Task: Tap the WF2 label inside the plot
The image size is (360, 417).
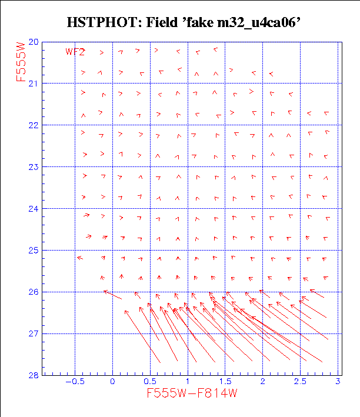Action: [76, 52]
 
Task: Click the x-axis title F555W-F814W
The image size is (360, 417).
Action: [192, 394]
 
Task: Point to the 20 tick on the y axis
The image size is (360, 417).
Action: [34, 42]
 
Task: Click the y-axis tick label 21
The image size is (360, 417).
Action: [34, 84]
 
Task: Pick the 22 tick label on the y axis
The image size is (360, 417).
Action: [34, 125]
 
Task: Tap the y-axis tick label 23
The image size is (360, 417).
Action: [34, 167]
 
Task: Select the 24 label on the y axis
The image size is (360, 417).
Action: [34, 209]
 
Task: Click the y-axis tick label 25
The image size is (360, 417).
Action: [34, 251]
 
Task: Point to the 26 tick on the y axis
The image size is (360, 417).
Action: [34, 292]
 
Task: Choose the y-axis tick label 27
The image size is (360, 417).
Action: [34, 334]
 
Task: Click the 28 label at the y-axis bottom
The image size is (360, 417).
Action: [34, 375]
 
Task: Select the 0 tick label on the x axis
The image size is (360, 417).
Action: [112, 382]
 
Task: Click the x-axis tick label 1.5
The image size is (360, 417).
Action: [225, 382]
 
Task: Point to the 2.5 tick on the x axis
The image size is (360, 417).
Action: [300, 382]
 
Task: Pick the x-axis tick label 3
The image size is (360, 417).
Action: [338, 382]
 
